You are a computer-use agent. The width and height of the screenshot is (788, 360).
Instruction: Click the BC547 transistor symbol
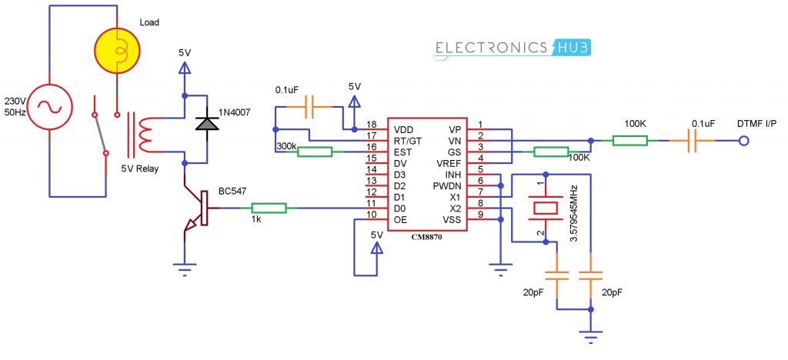tap(196, 208)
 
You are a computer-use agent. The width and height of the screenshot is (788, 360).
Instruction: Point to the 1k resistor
tap(269, 208)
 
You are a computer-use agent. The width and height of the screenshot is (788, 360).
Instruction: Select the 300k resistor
tap(315, 152)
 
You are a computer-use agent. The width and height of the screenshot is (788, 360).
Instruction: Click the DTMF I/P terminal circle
tap(744, 141)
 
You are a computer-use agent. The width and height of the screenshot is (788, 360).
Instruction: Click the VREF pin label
tap(449, 164)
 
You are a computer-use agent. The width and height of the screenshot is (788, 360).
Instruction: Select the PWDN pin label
tap(447, 185)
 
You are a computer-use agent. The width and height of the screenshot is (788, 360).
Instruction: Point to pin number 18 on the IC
tap(372, 125)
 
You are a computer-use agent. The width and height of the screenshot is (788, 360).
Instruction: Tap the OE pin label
tap(398, 218)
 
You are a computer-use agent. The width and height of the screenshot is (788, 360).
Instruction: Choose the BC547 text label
tap(232, 190)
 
